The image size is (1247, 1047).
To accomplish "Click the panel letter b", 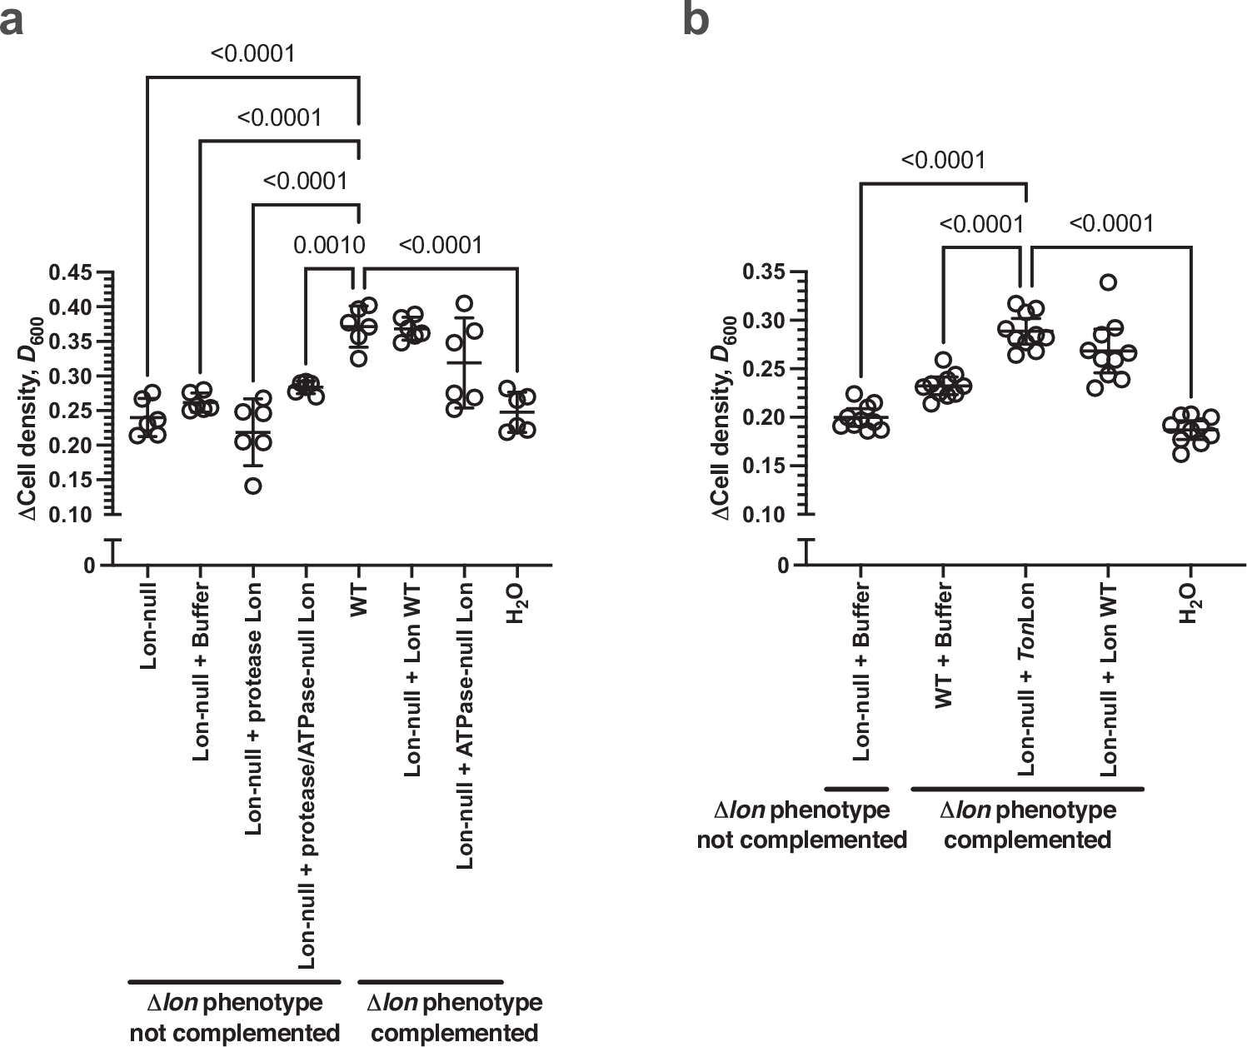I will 696,20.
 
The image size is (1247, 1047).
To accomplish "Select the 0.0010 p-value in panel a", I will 329,245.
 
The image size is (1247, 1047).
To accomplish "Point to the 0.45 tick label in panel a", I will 72,273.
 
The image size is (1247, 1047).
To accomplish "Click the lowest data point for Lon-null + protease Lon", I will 253,486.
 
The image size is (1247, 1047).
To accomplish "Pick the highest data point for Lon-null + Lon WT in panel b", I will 1108,282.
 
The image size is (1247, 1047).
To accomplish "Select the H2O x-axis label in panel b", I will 1190,604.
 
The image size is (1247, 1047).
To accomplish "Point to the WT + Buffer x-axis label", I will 944,646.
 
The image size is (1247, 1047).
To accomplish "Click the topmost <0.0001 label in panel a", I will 252,54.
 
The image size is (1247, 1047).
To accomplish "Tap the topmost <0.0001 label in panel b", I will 943,159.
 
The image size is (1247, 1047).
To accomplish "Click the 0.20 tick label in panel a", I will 72,446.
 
